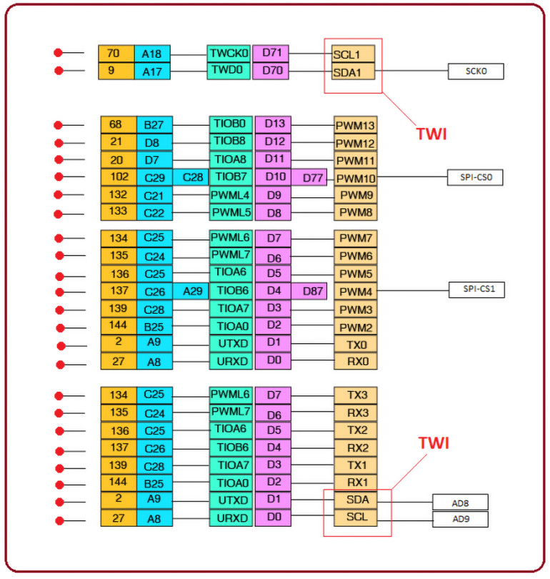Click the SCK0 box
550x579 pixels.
pyautogui.click(x=476, y=71)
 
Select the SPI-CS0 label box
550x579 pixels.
pyautogui.click(x=476, y=177)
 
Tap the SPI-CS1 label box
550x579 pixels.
pyautogui.click(x=476, y=289)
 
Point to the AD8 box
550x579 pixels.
pyautogui.click(x=459, y=501)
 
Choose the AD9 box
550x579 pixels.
pyautogui.click(x=459, y=519)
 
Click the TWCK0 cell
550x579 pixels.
pyautogui.click(x=229, y=53)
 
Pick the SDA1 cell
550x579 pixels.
pyautogui.click(x=352, y=71)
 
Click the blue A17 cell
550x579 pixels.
pyautogui.click(x=154, y=71)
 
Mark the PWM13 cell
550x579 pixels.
pyautogui.click(x=355, y=125)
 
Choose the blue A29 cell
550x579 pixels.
pyautogui.click(x=191, y=291)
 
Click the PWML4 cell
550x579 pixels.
pyautogui.click(x=231, y=194)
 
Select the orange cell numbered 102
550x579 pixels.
pyautogui.click(x=118, y=177)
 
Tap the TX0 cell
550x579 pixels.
pyautogui.click(x=355, y=345)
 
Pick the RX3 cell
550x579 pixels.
pyautogui.click(x=355, y=413)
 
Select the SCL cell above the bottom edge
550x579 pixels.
pyautogui.click(x=355, y=517)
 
